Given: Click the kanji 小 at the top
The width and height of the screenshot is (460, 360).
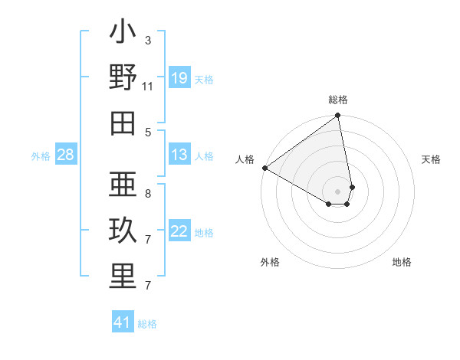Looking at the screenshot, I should tap(123, 34).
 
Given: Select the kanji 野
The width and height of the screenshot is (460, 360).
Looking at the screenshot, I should tap(123, 78).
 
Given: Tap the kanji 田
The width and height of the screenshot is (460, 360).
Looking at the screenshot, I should tap(123, 123).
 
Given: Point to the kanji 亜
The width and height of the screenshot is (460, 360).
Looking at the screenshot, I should tap(123, 187).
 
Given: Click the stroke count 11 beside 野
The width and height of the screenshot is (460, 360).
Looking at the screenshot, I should tap(148, 87).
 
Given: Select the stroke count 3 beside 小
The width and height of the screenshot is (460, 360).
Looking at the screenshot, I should tap(148, 40).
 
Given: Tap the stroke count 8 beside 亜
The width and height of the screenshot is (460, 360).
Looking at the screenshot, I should tap(148, 193).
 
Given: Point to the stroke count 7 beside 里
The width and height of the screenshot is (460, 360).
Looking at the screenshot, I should tap(148, 286).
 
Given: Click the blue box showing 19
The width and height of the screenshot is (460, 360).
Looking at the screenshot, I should tap(179, 77).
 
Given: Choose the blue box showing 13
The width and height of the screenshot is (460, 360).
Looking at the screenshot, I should tap(179, 155).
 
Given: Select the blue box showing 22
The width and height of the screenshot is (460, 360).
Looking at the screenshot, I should tap(179, 231).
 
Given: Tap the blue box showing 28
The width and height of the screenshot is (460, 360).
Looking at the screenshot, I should tap(65, 155).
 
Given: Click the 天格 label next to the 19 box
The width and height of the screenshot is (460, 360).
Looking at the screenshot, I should tap(204, 79).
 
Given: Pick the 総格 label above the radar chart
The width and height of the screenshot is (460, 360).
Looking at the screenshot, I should tap(338, 100).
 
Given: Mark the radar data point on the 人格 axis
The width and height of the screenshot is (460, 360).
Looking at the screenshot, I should tap(264, 167).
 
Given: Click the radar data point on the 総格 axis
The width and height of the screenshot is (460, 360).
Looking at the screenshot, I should tap(337, 116).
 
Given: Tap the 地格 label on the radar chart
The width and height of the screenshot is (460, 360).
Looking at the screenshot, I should tap(402, 262).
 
